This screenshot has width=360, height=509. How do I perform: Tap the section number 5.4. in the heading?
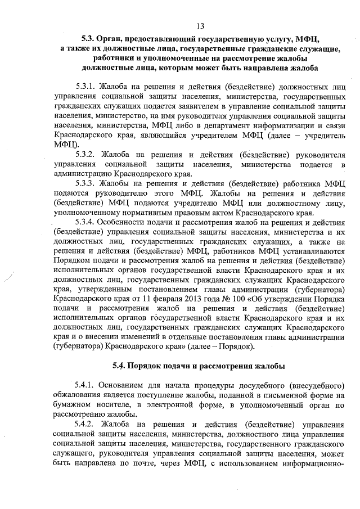(x=121, y=366)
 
